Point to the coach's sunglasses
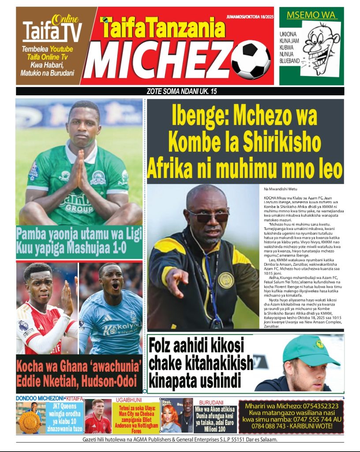tap(208, 216)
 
